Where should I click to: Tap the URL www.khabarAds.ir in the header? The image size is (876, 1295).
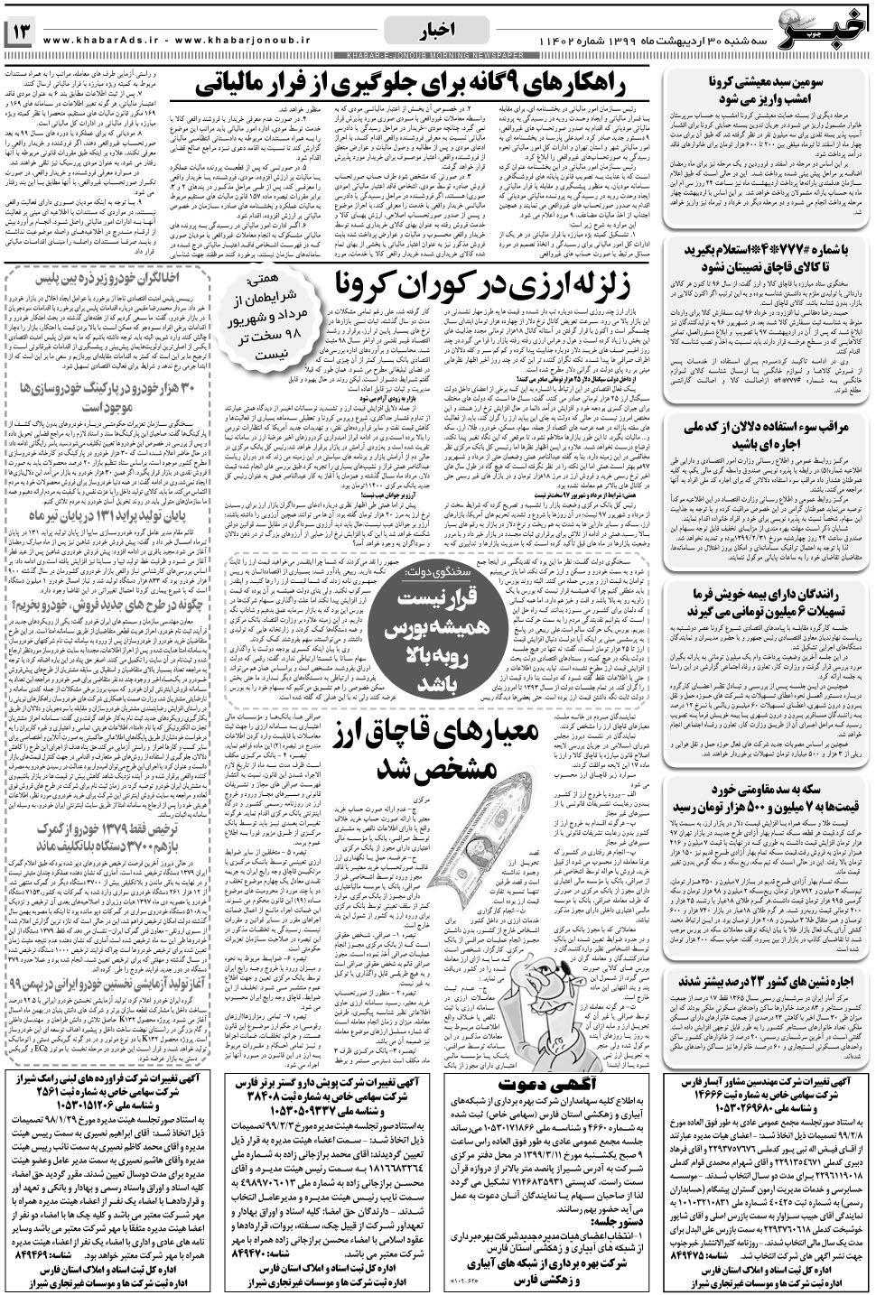pos(99,41)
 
